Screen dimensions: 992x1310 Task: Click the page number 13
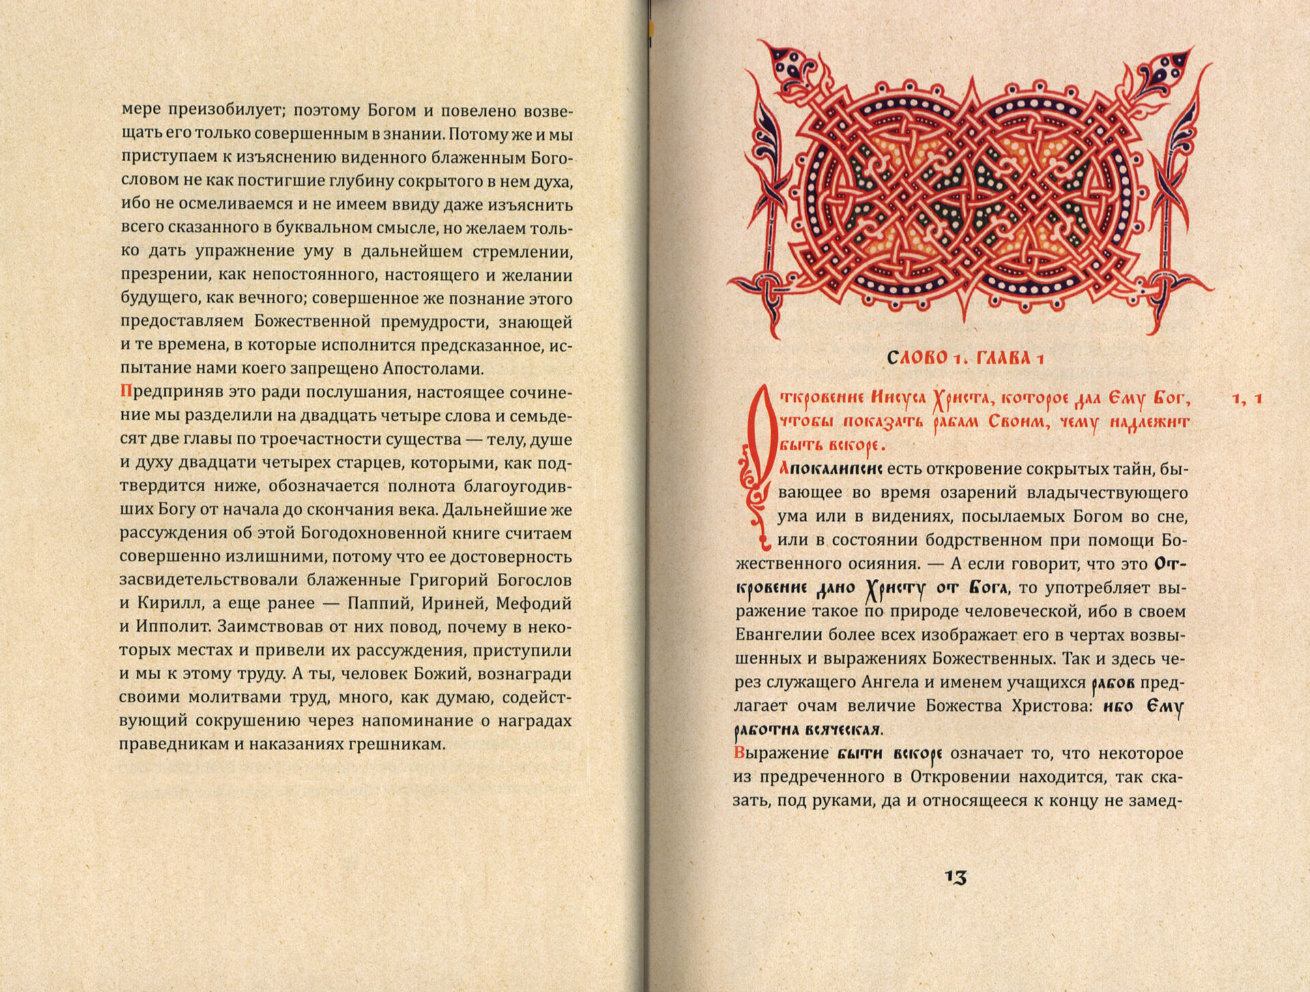[956, 877]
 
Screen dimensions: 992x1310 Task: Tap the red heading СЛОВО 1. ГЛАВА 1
[965, 358]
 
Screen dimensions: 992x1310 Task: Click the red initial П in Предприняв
[125, 392]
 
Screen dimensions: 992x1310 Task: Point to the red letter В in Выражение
[739, 753]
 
